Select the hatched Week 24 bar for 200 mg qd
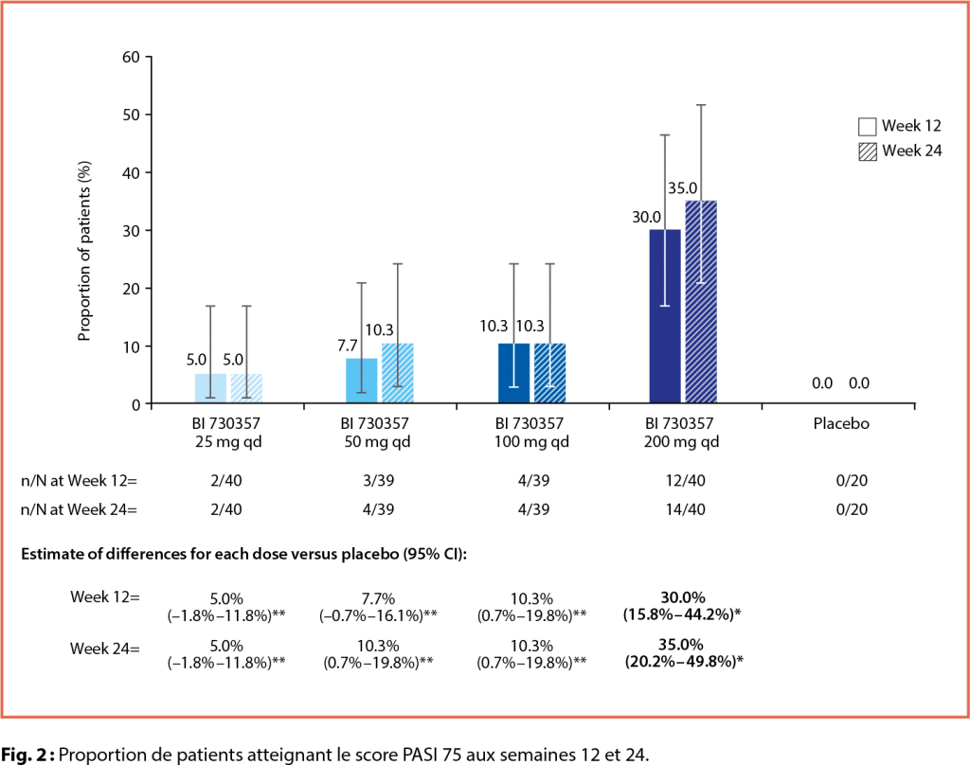tap(701, 303)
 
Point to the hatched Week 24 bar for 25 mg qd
tap(246, 389)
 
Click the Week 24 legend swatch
tap(867, 151)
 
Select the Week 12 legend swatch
tap(867, 127)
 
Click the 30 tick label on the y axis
tap(131, 230)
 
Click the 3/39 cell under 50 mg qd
tap(378, 480)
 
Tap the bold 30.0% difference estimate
tap(682, 598)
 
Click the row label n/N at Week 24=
tap(81, 510)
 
